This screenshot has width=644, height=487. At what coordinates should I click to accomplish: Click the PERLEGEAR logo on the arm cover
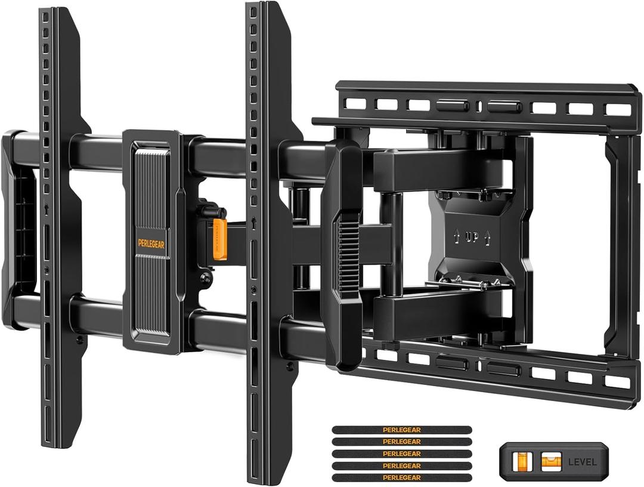151,243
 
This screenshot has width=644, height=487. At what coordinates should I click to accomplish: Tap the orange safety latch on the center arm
219,239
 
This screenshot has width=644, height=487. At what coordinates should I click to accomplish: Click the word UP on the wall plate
472,237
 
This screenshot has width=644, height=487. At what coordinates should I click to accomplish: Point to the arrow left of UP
457,237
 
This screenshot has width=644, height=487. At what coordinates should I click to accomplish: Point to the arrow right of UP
487,237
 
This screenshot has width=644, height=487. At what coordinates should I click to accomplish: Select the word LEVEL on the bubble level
581,461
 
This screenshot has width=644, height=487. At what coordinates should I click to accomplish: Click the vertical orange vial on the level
524,461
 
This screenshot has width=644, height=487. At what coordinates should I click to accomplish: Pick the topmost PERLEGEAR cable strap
401,430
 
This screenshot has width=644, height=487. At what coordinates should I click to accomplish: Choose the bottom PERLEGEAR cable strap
401,477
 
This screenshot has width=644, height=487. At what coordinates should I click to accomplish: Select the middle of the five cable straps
401,454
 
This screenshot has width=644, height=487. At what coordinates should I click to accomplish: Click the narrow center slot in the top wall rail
479,106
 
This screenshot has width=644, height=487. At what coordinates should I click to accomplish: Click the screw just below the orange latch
206,276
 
